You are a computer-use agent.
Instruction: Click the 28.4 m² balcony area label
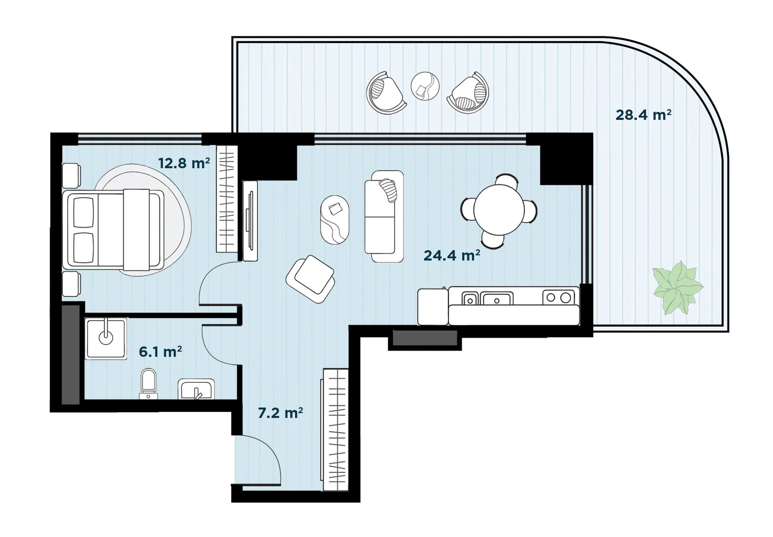point(643,115)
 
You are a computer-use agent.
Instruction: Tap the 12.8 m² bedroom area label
point(184,163)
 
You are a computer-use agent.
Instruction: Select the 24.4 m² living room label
point(452,255)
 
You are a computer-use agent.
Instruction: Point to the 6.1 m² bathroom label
point(160,352)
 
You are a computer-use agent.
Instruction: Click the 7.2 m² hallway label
point(280,413)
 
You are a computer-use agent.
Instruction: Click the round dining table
point(499,210)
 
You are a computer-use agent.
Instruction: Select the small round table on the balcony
point(425,86)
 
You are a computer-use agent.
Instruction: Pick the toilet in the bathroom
point(148,384)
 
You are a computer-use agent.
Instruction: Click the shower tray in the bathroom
point(106,339)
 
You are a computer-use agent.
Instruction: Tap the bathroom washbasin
point(196,389)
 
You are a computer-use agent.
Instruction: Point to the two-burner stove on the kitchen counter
point(559,298)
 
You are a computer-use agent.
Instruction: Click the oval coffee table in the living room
point(334,220)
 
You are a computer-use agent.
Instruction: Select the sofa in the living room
point(384,216)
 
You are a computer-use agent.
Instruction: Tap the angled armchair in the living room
point(310,279)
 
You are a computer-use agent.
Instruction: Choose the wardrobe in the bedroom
point(227,199)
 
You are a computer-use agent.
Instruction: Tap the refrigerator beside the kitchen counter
point(433,307)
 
